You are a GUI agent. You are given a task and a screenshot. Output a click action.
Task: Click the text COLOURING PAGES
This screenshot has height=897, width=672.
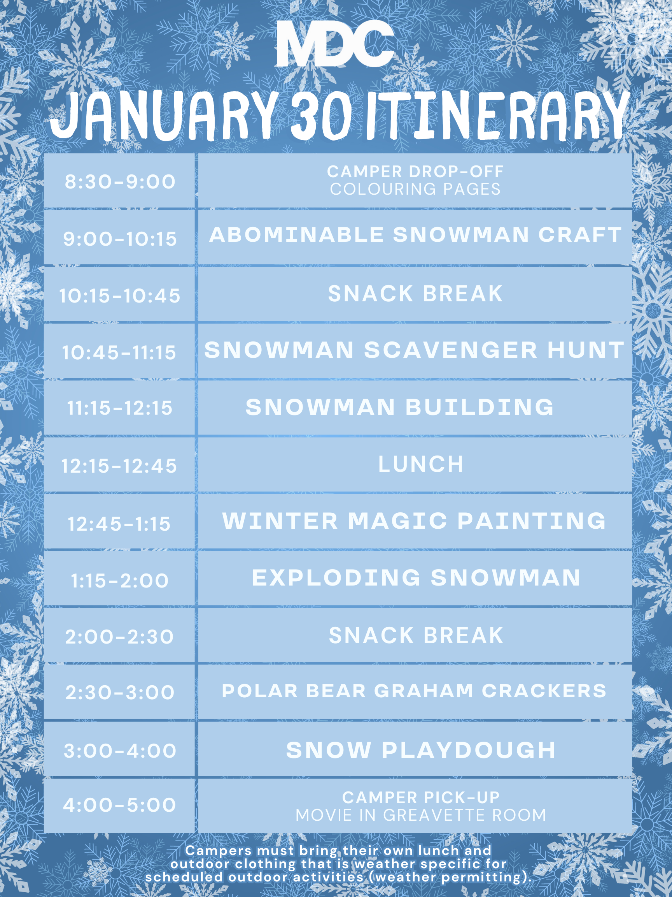[x=415, y=189]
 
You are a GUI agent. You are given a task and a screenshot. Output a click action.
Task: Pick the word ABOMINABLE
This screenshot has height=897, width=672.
[x=296, y=235]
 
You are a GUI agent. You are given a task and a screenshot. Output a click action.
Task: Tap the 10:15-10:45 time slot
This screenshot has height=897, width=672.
[x=119, y=295]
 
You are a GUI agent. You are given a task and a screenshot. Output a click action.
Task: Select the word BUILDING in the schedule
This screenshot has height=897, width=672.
[x=479, y=407]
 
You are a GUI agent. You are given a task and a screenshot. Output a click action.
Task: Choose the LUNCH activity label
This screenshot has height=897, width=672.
[x=421, y=464]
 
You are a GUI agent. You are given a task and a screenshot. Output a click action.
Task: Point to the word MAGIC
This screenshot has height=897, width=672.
[x=398, y=521]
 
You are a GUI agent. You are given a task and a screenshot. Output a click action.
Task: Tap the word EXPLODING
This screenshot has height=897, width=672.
[x=337, y=578]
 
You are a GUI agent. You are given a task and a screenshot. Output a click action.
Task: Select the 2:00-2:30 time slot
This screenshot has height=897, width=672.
[x=119, y=637]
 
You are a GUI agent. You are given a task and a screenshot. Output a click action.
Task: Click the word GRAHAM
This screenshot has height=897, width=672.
[x=424, y=691]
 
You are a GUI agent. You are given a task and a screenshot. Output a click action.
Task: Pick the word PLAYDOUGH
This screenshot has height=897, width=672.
[x=469, y=750]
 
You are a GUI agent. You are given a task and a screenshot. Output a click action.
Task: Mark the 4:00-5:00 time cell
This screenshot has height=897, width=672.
[x=119, y=805]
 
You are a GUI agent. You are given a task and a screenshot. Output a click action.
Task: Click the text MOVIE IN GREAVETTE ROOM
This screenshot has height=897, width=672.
[x=421, y=815]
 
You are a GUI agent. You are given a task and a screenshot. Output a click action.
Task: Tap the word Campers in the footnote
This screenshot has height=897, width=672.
[x=218, y=850]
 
